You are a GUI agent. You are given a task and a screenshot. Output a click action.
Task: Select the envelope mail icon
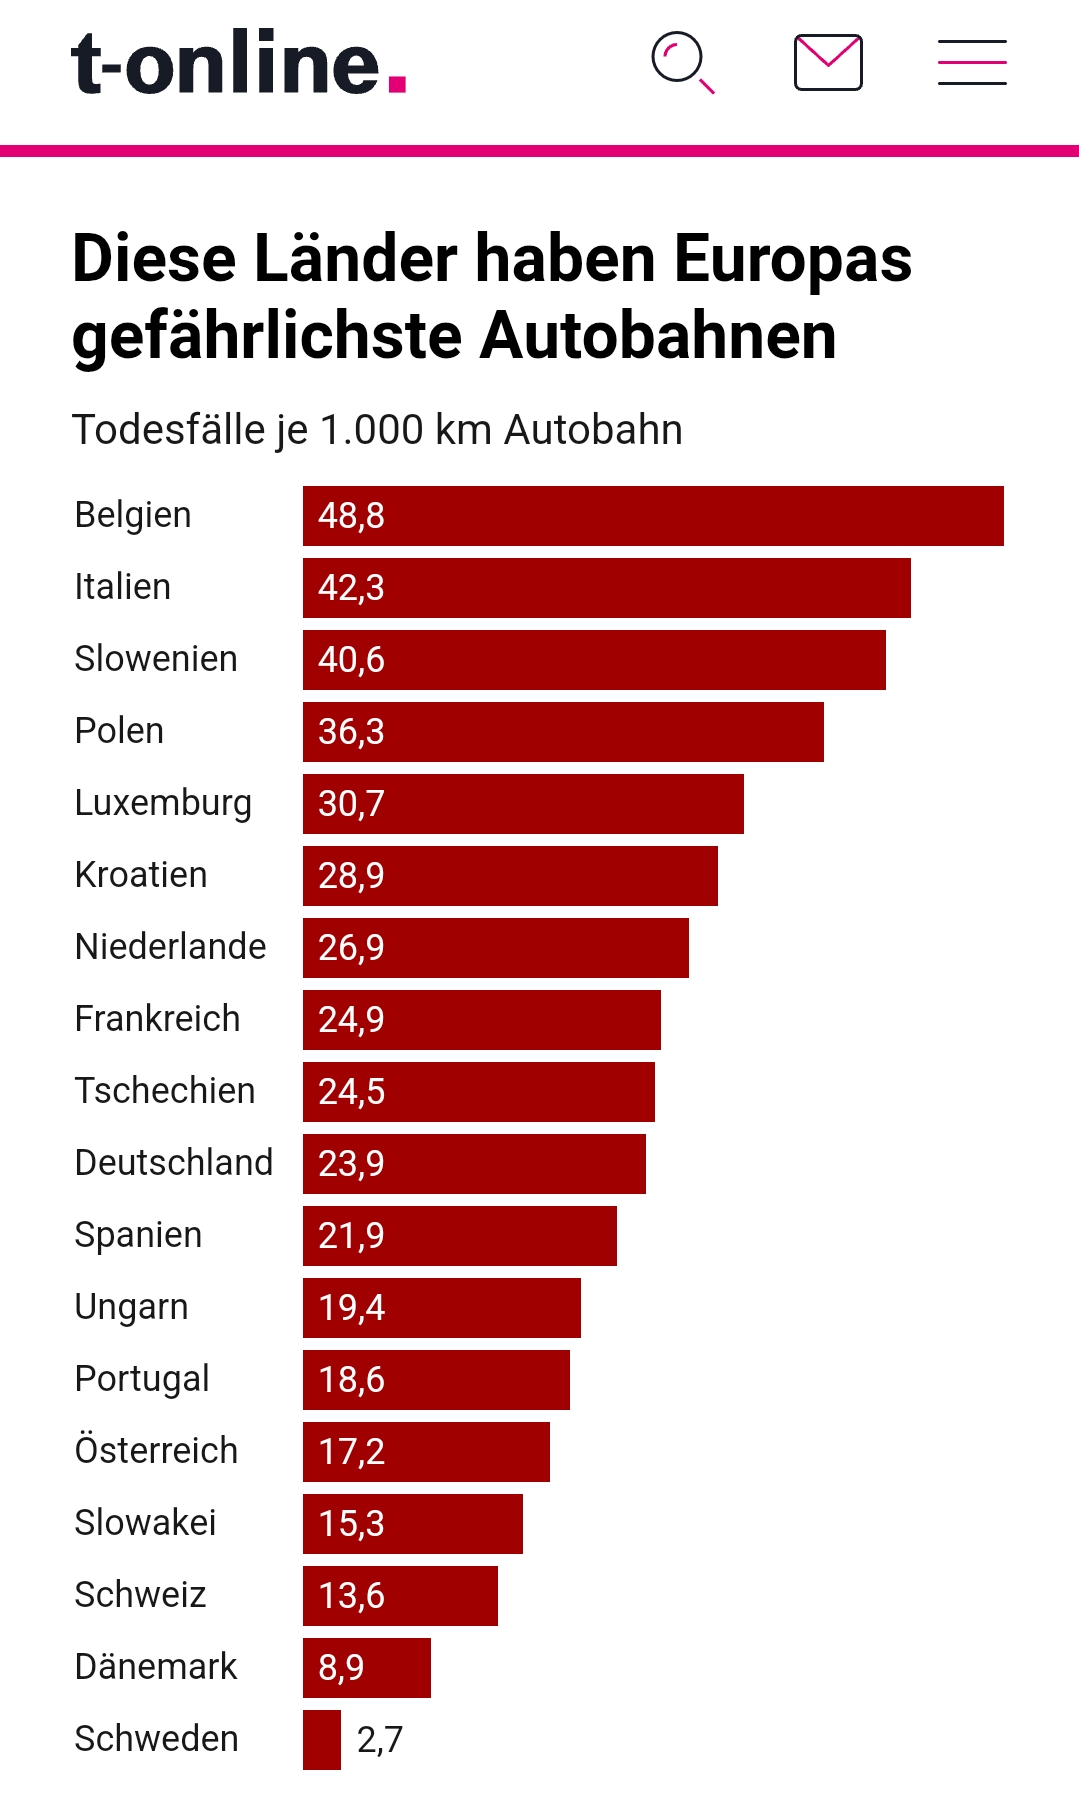tap(828, 62)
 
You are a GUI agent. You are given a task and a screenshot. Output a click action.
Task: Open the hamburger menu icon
tap(972, 62)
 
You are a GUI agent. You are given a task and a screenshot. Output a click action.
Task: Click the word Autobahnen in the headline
tap(658, 336)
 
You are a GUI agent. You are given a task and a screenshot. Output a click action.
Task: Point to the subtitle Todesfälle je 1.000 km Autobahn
tap(377, 430)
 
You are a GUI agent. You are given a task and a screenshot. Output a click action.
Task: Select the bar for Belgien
tap(653, 516)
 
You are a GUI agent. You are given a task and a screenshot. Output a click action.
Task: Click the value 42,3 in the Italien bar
tap(351, 588)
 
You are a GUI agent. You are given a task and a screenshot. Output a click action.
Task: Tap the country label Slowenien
tap(156, 659)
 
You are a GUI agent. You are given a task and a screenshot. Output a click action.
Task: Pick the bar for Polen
tap(563, 732)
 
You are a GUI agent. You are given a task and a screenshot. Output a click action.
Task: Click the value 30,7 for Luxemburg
tap(351, 804)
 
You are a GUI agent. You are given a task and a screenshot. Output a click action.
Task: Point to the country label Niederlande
tap(170, 947)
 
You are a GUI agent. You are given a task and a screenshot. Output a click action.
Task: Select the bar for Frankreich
tap(482, 1020)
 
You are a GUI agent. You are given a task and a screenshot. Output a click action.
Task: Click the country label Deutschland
tap(174, 1163)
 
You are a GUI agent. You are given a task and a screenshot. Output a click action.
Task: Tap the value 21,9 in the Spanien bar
tap(351, 1236)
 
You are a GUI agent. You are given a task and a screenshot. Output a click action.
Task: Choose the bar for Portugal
tap(436, 1380)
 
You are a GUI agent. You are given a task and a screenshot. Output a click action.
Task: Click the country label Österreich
tap(156, 1451)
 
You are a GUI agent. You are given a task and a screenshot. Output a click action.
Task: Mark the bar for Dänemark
tap(367, 1668)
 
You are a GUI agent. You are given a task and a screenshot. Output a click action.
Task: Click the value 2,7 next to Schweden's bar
tap(380, 1740)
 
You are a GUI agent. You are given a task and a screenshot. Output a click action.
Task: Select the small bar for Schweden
tap(322, 1740)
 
